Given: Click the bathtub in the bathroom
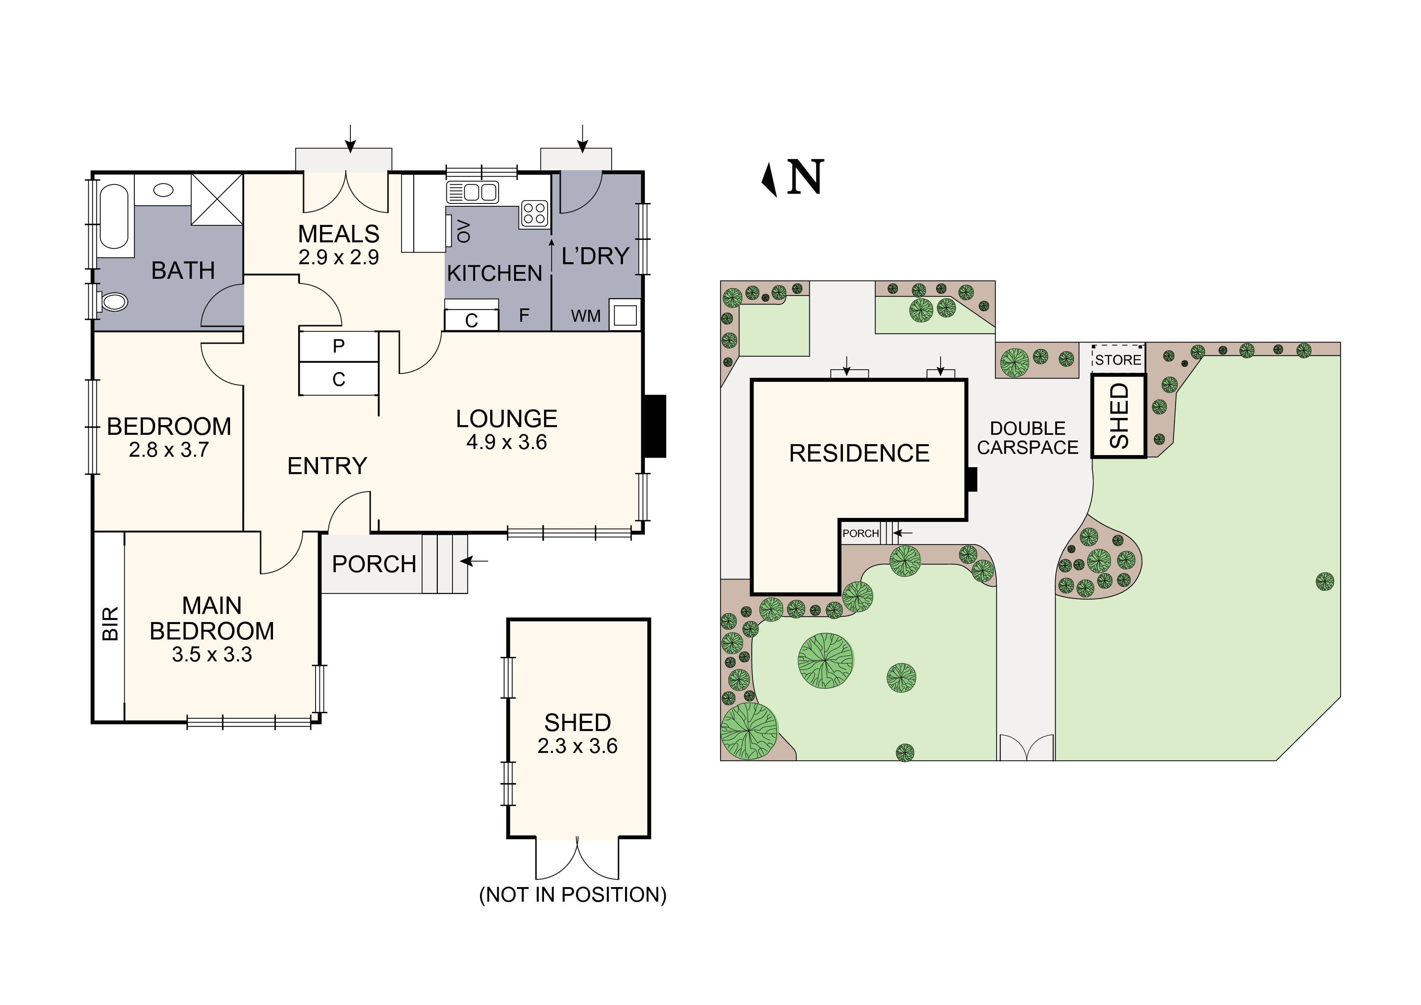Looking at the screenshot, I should point(114,217).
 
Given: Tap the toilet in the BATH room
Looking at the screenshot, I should point(113,302).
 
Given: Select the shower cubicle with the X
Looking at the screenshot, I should point(217,199).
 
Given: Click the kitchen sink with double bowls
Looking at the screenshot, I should point(473,192).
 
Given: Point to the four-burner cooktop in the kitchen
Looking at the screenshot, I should point(534,214).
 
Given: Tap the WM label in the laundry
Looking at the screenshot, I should point(585,316).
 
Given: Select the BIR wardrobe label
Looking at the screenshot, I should point(109,624).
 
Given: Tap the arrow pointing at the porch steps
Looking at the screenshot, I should point(475,561).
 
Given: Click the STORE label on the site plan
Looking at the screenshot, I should point(1118,360).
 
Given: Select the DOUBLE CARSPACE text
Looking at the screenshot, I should point(1027,438).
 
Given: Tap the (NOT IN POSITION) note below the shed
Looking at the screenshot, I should point(572,895).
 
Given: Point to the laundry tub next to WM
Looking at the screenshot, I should point(625,315).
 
